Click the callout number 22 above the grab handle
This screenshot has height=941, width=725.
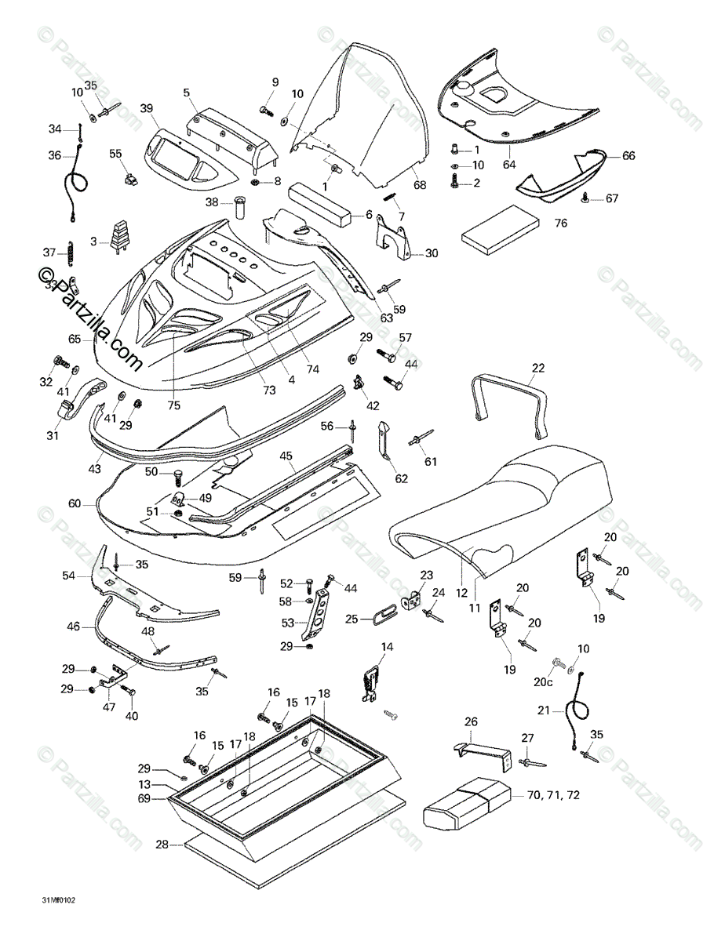click(x=537, y=367)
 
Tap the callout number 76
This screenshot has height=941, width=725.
click(x=560, y=223)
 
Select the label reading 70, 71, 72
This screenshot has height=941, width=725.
click(x=554, y=795)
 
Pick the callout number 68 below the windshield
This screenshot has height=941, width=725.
click(x=420, y=185)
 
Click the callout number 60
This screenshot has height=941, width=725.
click(x=74, y=504)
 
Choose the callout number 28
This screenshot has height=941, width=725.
click(x=162, y=845)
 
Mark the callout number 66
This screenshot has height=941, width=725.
click(x=628, y=155)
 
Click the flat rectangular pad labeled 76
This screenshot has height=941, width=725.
click(x=501, y=229)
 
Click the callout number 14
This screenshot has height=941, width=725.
click(x=387, y=646)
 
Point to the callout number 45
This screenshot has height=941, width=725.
click(x=286, y=456)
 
